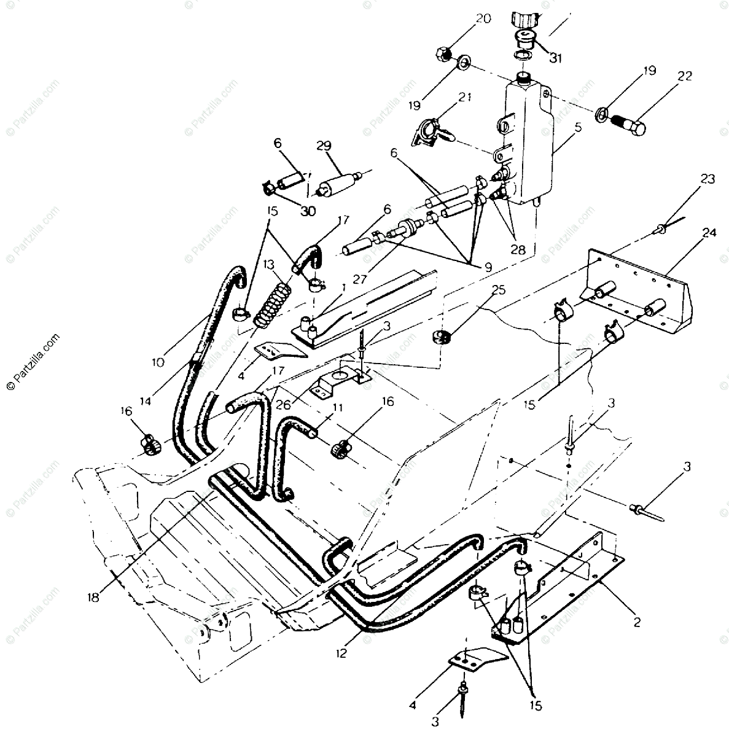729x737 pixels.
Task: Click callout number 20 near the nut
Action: [x=483, y=18]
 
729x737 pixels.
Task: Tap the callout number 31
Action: [x=555, y=58]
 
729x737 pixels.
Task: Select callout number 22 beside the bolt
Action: [x=685, y=76]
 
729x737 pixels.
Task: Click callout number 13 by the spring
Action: [x=269, y=264]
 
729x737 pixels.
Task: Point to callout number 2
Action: [x=636, y=622]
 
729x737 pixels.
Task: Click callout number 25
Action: [x=499, y=290]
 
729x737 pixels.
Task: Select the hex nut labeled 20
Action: [x=446, y=53]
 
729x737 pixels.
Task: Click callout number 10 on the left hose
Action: [x=158, y=362]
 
